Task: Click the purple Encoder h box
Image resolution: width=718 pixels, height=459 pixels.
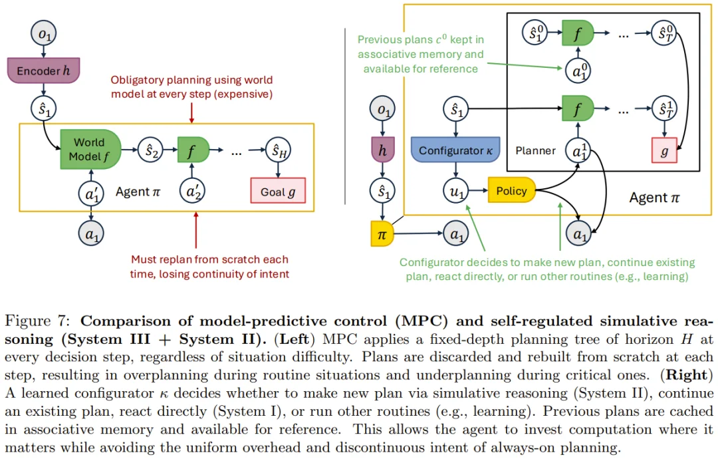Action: tap(43, 70)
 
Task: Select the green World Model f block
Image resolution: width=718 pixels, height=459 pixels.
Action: tap(90, 149)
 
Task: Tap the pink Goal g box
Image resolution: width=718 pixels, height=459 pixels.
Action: tap(278, 190)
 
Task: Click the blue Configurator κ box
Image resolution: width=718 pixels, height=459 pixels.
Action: tap(455, 149)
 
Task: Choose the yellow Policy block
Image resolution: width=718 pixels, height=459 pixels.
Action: tap(511, 190)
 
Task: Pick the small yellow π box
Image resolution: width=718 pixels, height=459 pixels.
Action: tap(382, 233)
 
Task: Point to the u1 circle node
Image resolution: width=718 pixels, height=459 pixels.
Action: tap(456, 190)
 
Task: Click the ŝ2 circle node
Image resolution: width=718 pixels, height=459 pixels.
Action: tap(151, 150)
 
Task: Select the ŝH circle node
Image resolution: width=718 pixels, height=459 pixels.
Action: tap(278, 150)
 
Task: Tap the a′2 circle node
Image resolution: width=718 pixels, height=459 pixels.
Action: tap(192, 190)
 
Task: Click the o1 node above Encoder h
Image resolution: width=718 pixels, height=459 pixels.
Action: tap(43, 33)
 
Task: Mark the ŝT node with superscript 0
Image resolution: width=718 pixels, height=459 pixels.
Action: tap(664, 33)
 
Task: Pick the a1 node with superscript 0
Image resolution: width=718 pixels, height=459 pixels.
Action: tap(578, 71)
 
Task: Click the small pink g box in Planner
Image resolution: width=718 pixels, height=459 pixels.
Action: tap(664, 150)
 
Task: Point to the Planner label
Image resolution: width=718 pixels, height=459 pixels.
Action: tap(535, 151)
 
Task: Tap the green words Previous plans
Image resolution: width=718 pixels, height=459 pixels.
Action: tap(395, 40)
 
